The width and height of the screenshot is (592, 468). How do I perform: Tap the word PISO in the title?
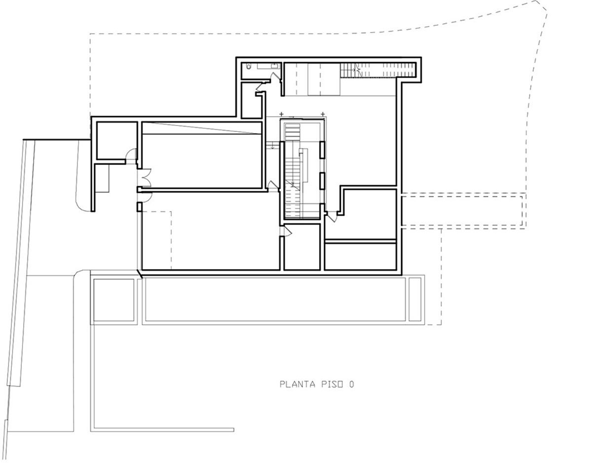point(332,384)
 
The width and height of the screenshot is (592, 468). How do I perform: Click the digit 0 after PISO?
point(351,384)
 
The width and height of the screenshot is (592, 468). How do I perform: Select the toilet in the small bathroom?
point(249,66)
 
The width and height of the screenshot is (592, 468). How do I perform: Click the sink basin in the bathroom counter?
point(275,66)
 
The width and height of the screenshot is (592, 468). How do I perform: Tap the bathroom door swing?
point(276,76)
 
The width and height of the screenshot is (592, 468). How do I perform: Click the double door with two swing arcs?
point(145,176)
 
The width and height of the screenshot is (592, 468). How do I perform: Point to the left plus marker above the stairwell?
point(281,114)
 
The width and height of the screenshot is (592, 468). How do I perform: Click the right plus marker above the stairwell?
point(323,114)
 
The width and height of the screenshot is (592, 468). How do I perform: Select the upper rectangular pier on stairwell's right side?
point(322,150)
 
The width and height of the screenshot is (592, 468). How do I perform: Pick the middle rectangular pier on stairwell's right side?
point(322,181)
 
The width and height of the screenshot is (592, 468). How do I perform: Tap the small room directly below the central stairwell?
point(302,247)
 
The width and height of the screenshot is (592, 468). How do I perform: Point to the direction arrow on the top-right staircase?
point(358,68)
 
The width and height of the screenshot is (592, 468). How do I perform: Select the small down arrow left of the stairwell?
point(273,146)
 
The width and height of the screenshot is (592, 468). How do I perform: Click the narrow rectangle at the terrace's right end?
point(415,299)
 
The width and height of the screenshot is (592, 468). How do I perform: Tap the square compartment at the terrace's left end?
point(114,300)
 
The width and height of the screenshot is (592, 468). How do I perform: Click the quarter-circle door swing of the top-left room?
point(131,154)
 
